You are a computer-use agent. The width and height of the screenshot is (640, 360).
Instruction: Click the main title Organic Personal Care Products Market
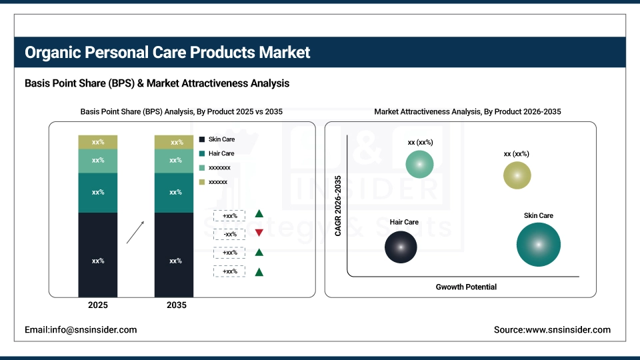pyautogui.click(x=167, y=53)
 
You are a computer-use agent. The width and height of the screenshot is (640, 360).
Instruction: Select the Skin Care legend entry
pyautogui.click(x=221, y=139)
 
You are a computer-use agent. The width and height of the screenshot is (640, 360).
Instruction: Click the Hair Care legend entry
pyautogui.click(x=221, y=153)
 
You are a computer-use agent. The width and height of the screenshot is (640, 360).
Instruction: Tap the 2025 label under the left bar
pyautogui.click(x=97, y=305)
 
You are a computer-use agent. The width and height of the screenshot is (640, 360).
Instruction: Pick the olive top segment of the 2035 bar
pyautogui.click(x=174, y=142)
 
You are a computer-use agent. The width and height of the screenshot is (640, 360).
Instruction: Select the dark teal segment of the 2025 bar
pyautogui.click(x=97, y=193)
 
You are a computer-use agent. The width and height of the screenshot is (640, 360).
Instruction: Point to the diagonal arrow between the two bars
pyautogui.click(x=135, y=233)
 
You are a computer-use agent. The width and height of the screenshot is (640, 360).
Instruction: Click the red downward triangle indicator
pyautogui.click(x=259, y=233)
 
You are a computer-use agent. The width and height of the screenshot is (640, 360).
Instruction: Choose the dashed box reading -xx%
pyautogui.click(x=229, y=234)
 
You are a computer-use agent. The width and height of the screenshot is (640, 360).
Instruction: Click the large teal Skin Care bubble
pyautogui.click(x=538, y=245)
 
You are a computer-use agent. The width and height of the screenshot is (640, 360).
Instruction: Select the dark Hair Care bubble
pyautogui.click(x=401, y=247)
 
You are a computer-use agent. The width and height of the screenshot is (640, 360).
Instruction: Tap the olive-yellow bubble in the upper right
pyautogui.click(x=517, y=175)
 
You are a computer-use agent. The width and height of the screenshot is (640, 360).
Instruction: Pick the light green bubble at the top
pyautogui.click(x=419, y=164)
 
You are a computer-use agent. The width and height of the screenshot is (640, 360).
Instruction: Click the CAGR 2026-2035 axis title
pyautogui.click(x=338, y=206)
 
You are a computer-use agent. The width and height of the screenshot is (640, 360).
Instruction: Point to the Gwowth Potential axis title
pyautogui.click(x=466, y=287)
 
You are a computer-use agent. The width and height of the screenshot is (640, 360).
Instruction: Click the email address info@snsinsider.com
pyautogui.click(x=81, y=329)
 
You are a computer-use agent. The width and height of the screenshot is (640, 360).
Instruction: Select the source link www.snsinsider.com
pyautogui.click(x=552, y=329)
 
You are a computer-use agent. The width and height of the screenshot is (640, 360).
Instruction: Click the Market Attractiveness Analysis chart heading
pyautogui.click(x=467, y=112)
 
